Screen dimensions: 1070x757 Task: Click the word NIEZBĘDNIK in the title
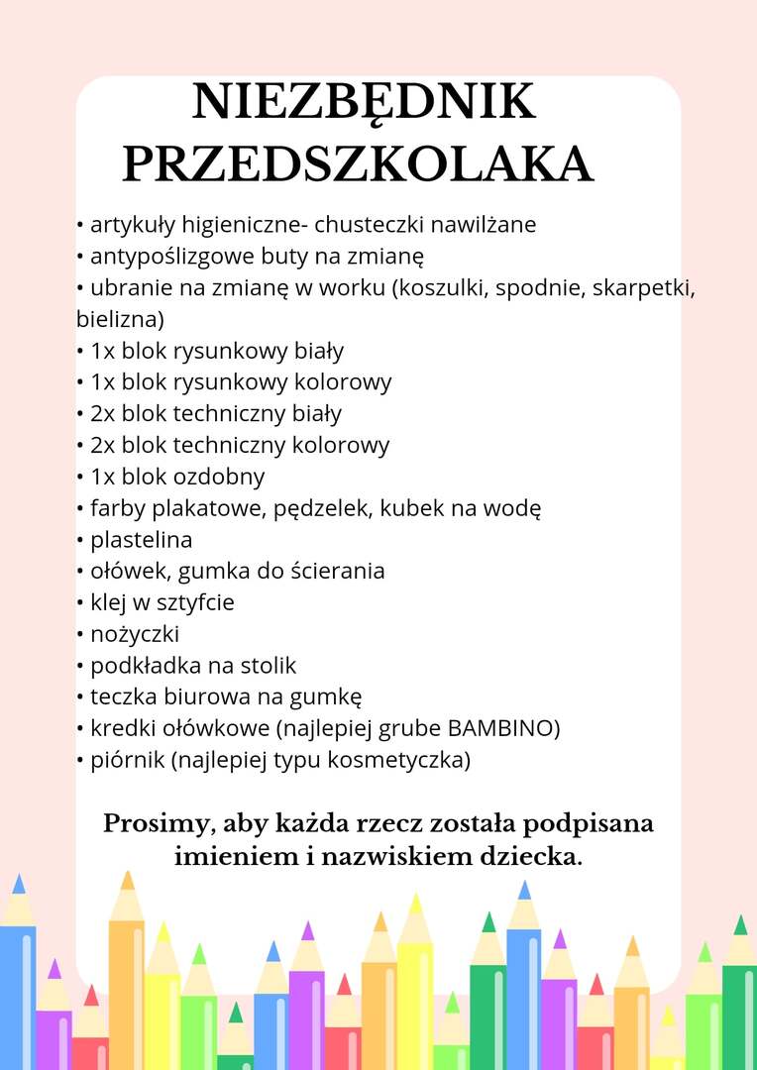[364, 102]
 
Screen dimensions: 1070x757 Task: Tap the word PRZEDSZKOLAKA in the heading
[357, 164]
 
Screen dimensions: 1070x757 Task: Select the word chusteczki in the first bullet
[365, 225]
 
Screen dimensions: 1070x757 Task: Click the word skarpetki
[643, 288]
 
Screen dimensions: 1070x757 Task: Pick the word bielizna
[119, 320]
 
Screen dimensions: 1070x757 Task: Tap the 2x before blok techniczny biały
[103, 413]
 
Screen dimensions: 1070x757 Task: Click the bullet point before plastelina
[80, 541]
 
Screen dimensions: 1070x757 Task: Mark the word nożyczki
[135, 635]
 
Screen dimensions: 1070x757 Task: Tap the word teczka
[122, 697]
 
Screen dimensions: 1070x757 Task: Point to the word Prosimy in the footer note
[154, 824]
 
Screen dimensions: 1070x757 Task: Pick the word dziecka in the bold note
[531, 857]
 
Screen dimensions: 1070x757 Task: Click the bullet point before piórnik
[80, 761]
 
